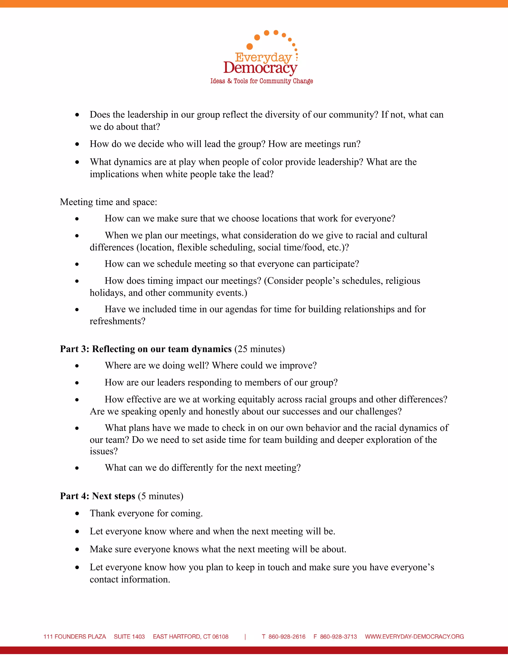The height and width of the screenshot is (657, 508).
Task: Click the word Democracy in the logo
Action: (260, 68)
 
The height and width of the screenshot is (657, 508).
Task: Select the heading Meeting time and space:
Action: (108, 202)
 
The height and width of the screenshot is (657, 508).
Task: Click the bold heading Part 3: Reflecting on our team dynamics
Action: (146, 349)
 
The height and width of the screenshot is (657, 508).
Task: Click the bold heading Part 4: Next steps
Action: (97, 496)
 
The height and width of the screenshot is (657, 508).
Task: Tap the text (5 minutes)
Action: (161, 496)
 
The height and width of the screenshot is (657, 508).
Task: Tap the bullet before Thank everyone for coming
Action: (77, 513)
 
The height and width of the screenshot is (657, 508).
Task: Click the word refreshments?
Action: (117, 321)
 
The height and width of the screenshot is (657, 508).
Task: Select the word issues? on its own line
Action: (103, 451)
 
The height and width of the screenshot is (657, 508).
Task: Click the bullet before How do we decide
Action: (77, 144)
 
